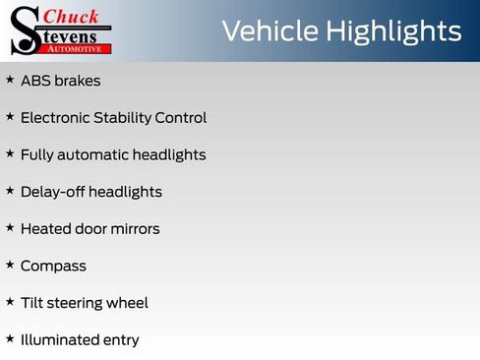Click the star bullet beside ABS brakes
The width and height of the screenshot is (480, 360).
click(10, 80)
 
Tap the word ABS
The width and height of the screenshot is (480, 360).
click(35, 81)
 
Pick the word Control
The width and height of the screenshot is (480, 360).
click(181, 118)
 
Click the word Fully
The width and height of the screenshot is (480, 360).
click(37, 155)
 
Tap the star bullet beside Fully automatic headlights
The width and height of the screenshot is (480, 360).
click(10, 153)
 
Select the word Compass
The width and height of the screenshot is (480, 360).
click(53, 267)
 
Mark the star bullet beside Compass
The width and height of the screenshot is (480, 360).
click(10, 265)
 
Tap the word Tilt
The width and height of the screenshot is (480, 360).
click(31, 303)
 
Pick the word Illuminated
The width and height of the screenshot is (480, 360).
click(56, 340)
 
